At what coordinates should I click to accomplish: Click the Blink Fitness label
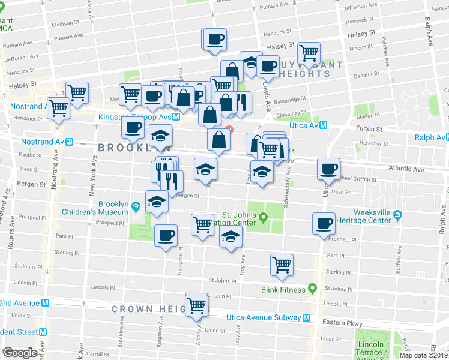click(x=283, y=289)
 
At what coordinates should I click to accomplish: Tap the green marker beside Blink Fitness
click(x=312, y=289)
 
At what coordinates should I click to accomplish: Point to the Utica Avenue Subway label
click(x=263, y=318)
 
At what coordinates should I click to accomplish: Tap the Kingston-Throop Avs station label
click(x=134, y=116)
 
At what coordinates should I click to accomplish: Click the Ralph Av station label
click(x=428, y=137)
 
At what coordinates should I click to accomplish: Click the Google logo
click(x=20, y=352)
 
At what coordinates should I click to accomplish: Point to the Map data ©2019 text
click(x=423, y=355)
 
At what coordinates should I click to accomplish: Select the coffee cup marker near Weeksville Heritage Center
click(x=324, y=224)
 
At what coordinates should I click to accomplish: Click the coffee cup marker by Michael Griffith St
click(x=328, y=169)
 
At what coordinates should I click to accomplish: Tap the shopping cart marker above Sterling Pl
click(x=282, y=264)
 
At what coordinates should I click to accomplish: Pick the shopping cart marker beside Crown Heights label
click(x=196, y=305)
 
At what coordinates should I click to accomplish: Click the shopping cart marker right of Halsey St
click(x=309, y=53)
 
